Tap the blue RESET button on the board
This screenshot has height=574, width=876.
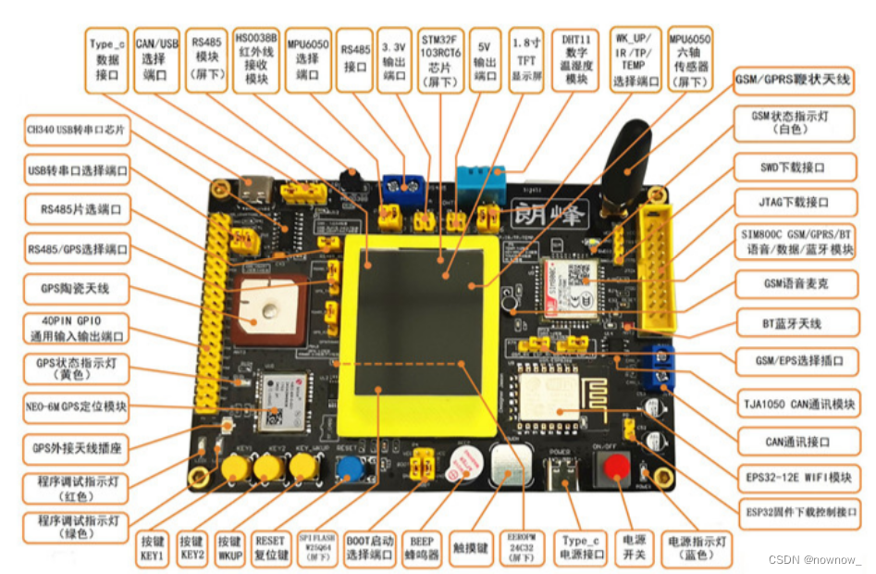coord(349,468)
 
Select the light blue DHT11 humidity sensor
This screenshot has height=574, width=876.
coord(481,182)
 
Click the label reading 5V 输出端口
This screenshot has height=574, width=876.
coord(486,59)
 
